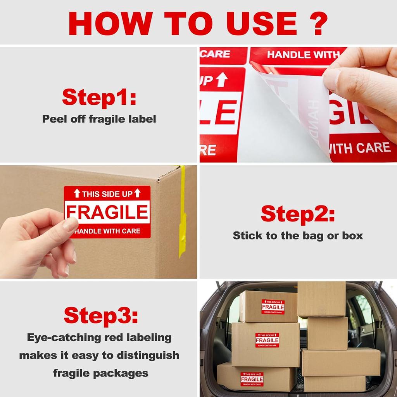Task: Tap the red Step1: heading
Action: tap(99, 97)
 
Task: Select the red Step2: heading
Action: tap(298, 214)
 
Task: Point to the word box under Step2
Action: tap(352, 235)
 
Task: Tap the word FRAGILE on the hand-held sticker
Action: tap(107, 212)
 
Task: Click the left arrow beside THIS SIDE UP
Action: tap(77, 193)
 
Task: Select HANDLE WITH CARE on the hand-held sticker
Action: tap(107, 231)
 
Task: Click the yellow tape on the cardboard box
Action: tap(182, 217)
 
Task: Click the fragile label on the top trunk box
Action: tap(273, 307)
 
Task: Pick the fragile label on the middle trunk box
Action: tap(267, 340)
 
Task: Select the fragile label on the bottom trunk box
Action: tap(252, 379)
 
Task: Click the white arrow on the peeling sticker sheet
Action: tap(222, 79)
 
